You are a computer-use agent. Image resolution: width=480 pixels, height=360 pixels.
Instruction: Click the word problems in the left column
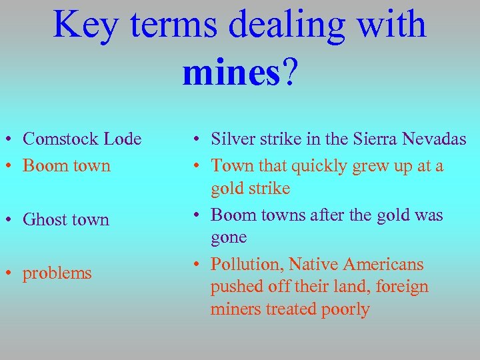click(57, 274)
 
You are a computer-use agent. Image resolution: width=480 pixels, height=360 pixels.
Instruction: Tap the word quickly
click(311, 165)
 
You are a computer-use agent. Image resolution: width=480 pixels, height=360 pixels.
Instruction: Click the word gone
click(229, 237)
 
